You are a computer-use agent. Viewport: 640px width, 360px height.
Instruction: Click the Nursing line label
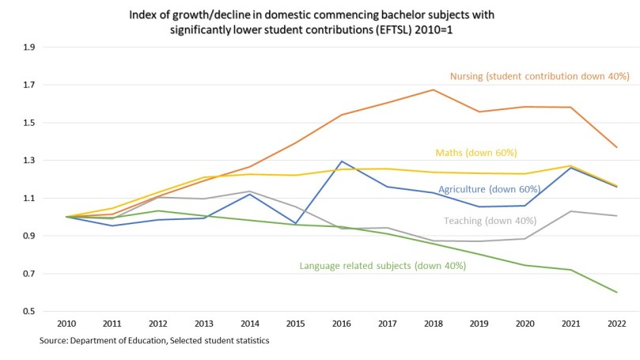[539, 77]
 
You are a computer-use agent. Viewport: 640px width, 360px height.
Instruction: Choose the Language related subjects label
[382, 266]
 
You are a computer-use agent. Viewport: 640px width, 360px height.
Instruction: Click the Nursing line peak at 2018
[433, 89]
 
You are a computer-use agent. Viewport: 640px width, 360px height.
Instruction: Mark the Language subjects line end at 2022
[617, 293]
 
